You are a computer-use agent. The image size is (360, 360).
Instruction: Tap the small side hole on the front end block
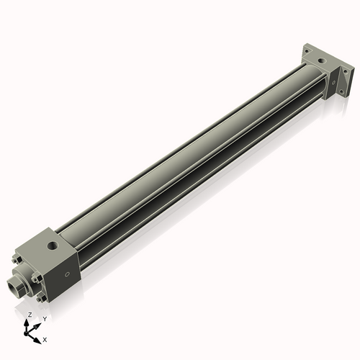(67, 274)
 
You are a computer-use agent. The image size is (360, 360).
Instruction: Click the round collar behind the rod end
(24, 278)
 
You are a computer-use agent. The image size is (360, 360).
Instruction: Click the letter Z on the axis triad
(30, 315)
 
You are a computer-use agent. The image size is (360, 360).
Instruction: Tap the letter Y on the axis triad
(45, 318)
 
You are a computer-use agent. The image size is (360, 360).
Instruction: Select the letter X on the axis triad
(45, 338)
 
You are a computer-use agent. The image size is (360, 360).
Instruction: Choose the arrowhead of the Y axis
(38, 323)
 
